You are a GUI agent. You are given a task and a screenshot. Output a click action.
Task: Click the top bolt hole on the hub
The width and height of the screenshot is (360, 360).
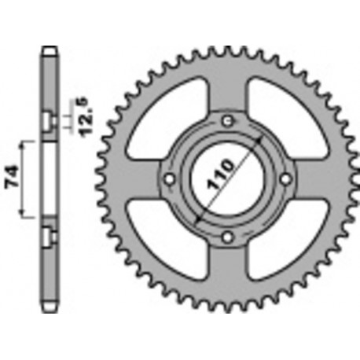227,120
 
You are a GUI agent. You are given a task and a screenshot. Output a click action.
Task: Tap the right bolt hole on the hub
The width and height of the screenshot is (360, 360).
285,178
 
